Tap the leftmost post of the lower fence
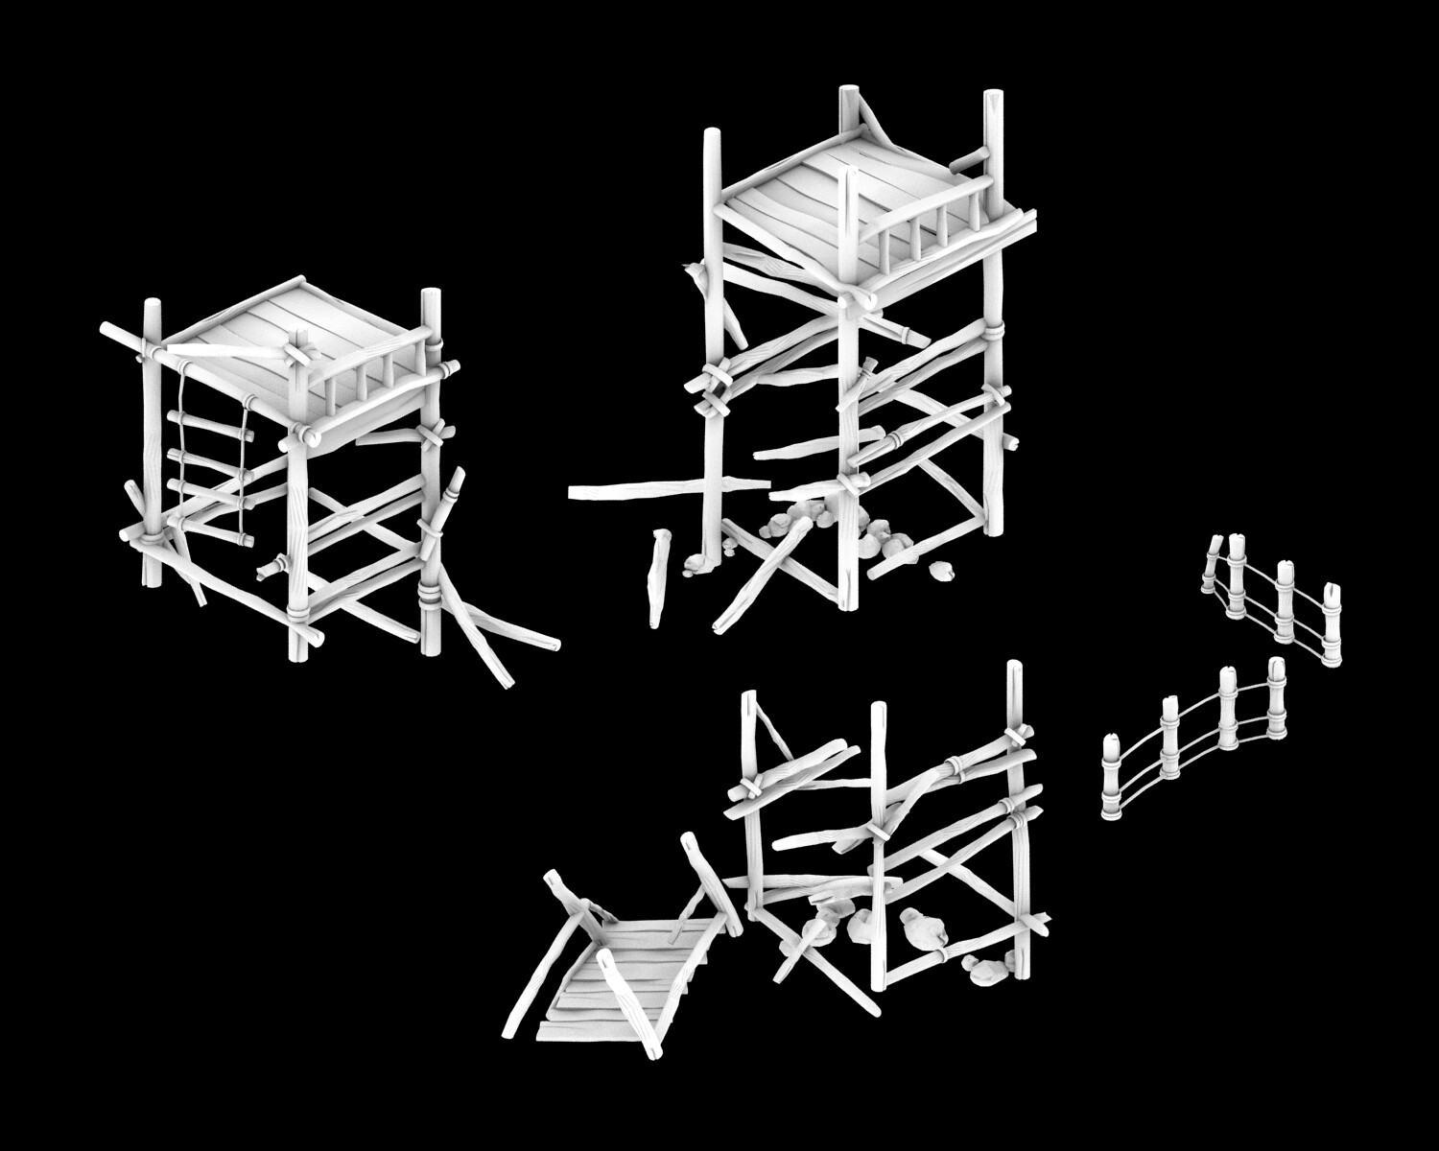click(1112, 777)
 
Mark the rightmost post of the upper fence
click(1332, 623)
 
